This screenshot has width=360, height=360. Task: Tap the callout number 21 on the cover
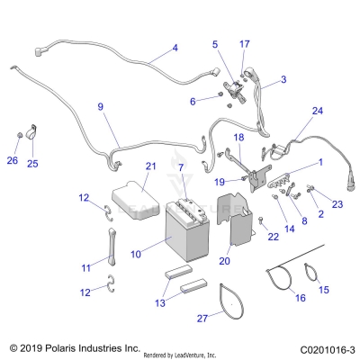point(150,166)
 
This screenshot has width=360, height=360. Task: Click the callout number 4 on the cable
point(175,47)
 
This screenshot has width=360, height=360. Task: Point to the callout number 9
point(100,106)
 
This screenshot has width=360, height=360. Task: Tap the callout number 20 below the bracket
point(225,261)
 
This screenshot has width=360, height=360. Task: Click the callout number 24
point(316,111)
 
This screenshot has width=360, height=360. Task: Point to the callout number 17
point(245,43)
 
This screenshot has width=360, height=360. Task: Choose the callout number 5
point(215,43)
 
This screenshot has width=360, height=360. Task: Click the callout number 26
point(12,161)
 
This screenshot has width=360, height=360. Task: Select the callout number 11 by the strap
point(85,267)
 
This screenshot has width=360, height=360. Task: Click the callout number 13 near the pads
point(162,303)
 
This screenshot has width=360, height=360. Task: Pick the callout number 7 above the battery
point(181,168)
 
